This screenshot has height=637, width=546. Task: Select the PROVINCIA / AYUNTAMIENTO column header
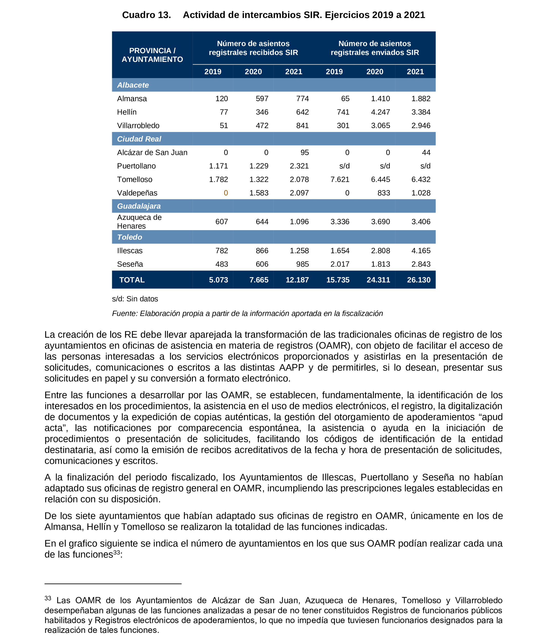[152, 55]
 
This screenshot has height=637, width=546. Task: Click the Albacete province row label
[133, 85]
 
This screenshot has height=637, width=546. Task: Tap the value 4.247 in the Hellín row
[380, 112]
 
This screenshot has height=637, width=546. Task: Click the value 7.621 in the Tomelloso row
[340, 179]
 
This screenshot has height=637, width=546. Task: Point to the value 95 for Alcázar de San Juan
[304, 153]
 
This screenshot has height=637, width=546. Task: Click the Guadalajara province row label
[139, 206]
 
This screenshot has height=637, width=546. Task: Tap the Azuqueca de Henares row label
[139, 222]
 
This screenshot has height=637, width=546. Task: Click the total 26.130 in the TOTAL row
[418, 280]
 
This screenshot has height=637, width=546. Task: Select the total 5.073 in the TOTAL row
[218, 280]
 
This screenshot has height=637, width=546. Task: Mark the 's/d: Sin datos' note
[135, 299]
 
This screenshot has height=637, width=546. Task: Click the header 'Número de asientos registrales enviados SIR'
[374, 48]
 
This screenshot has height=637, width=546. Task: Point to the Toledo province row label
[129, 237]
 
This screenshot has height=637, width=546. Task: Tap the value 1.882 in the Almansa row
[421, 99]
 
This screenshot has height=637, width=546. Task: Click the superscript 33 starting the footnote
[48, 598]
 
